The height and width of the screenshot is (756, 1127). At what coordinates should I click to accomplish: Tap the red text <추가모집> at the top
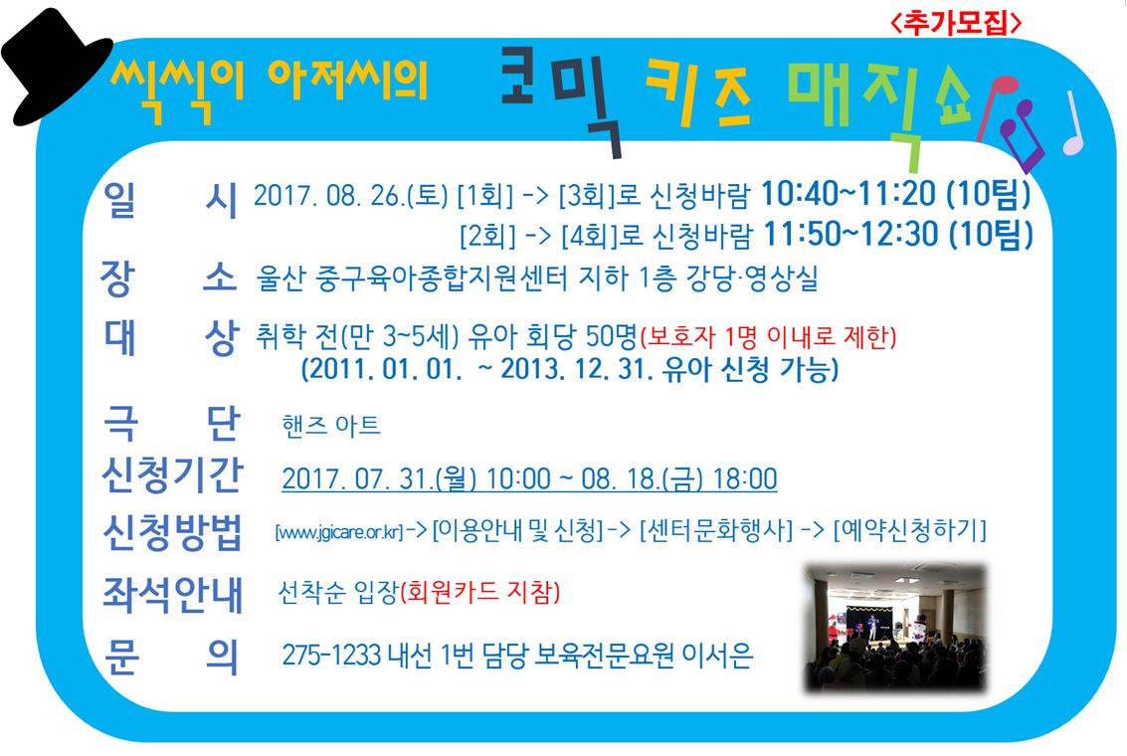click(955, 23)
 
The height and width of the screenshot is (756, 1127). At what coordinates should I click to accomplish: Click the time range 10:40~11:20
click(848, 193)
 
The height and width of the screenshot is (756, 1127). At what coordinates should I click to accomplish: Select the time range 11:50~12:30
click(850, 235)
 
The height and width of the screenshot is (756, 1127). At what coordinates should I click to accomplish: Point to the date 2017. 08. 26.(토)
click(351, 196)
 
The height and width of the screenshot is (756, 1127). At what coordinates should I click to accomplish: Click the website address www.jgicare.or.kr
click(339, 532)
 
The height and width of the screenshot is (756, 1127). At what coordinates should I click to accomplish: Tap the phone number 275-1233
click(331, 656)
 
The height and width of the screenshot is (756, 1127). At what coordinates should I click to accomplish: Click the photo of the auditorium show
click(895, 628)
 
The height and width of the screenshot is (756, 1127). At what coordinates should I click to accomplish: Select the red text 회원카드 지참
click(479, 592)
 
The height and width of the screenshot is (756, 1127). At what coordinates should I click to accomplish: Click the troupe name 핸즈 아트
click(331, 426)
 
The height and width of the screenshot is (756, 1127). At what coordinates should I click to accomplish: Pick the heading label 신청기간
click(172, 475)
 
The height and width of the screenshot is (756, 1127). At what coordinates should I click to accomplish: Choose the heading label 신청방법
click(172, 532)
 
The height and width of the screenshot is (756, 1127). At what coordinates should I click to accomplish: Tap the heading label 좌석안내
click(172, 595)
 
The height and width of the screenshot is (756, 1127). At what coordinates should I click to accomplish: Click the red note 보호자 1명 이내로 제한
click(768, 336)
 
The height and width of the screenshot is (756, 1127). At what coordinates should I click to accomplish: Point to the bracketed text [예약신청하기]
click(910, 530)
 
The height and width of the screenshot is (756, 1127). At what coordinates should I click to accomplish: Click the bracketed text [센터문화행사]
click(716, 530)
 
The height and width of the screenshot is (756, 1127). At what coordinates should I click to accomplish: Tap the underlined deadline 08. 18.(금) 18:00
click(679, 478)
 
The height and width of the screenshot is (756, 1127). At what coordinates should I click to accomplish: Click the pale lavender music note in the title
click(1073, 123)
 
